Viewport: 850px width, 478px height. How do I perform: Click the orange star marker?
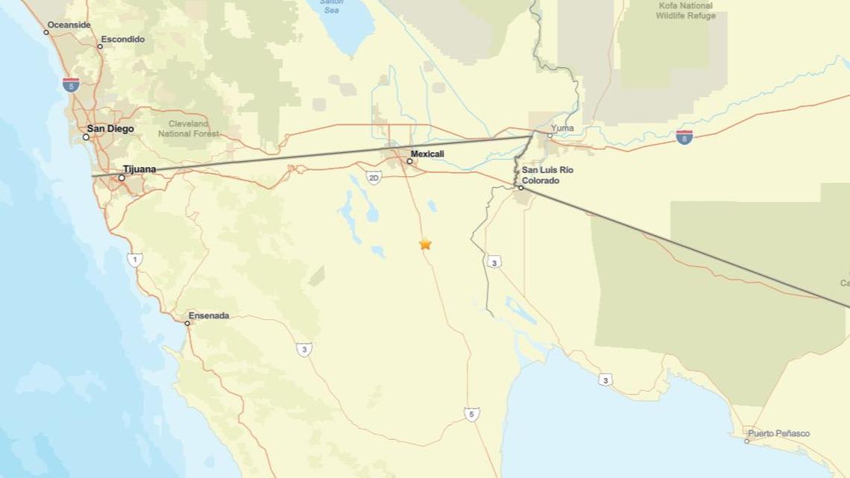point(425,244)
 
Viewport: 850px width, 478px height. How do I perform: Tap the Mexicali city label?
point(427,154)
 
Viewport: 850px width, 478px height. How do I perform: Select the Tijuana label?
point(139,169)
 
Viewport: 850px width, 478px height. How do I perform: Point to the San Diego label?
point(110,129)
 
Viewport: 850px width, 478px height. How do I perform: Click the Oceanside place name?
point(69,25)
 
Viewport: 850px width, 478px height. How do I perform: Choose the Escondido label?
point(123,39)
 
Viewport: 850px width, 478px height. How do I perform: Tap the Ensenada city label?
point(209,315)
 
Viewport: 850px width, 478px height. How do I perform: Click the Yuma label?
point(562,128)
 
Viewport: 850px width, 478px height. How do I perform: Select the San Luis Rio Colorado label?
point(547,175)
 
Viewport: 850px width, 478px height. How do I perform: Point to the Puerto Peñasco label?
point(778,433)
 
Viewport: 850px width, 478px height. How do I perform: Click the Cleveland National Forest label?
point(189,129)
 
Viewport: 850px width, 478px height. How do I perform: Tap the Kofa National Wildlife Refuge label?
point(685,10)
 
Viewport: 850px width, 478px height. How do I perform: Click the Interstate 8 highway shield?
point(684,136)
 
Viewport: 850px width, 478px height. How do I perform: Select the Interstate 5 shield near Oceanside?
point(71,84)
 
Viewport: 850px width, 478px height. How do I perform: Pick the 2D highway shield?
point(374,177)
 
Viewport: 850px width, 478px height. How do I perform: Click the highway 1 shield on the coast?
point(134,260)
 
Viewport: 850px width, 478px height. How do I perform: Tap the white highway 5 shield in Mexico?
point(471,414)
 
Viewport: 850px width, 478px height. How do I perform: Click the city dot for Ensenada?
point(187,323)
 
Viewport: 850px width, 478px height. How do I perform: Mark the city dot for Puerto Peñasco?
point(746,441)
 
